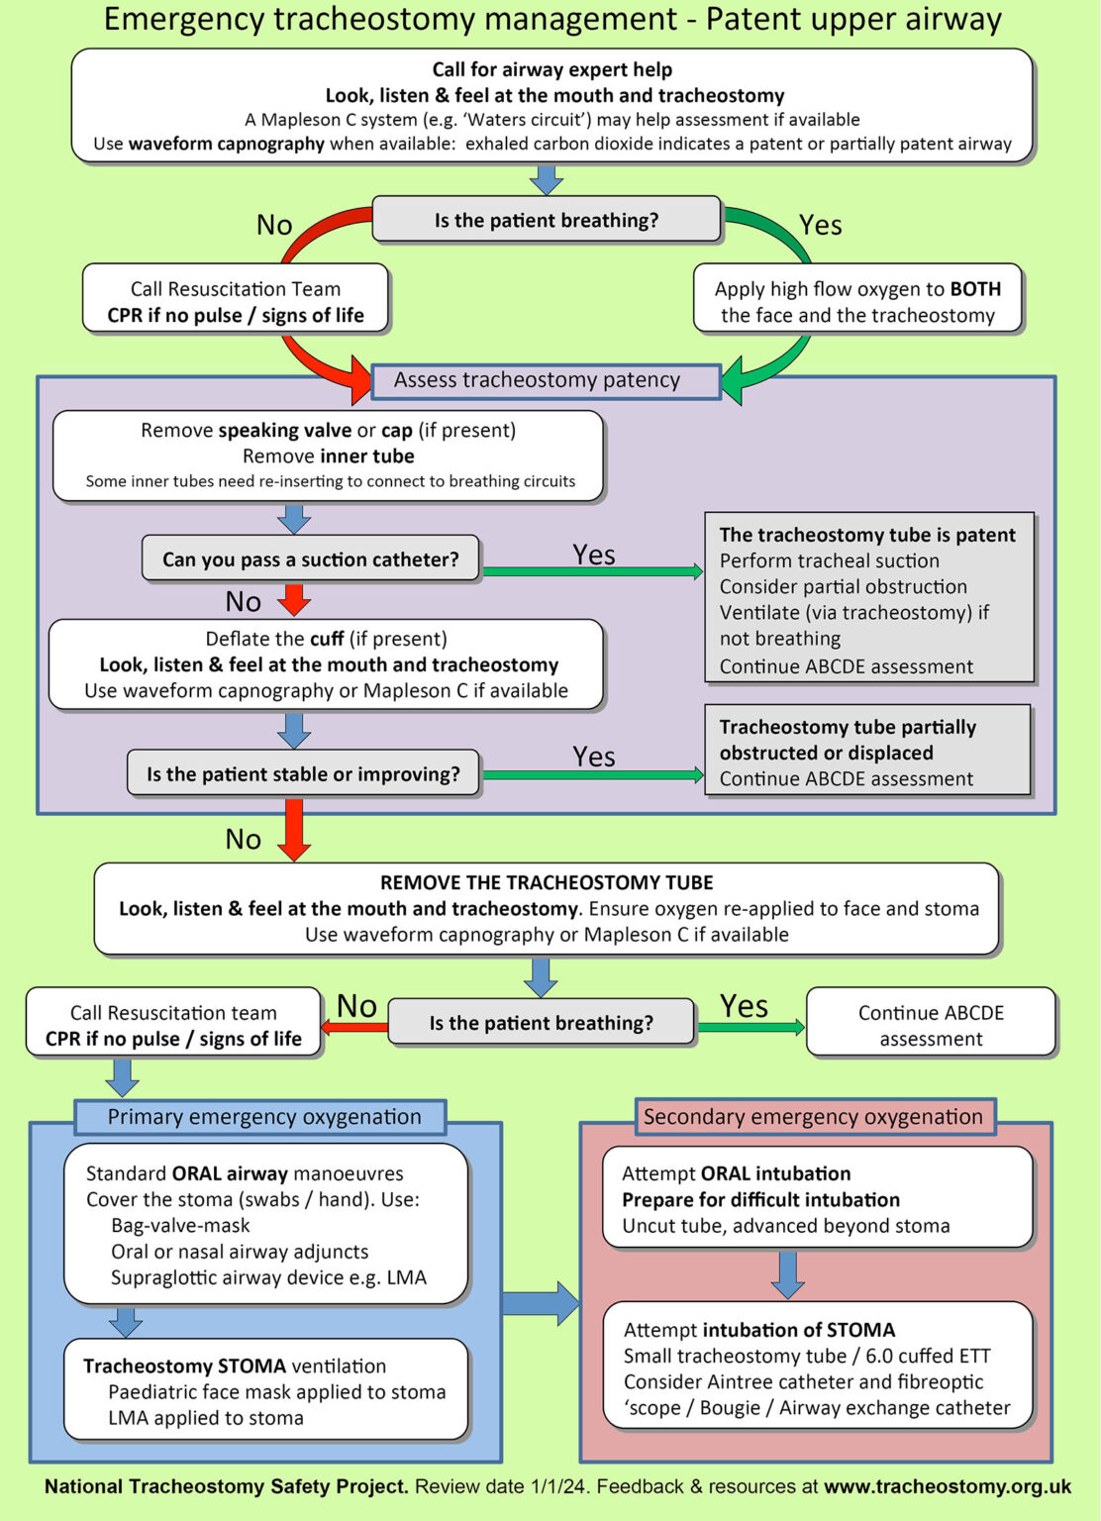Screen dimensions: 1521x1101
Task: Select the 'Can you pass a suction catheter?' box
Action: point(311,559)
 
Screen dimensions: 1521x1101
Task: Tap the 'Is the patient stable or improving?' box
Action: point(303,774)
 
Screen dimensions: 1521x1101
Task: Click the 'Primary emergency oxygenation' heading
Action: point(263,1117)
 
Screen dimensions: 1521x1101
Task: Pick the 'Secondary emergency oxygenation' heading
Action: point(813,1117)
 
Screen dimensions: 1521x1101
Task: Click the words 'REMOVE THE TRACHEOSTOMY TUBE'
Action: point(547,882)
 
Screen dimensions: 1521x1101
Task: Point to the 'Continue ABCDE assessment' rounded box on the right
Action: point(931,1025)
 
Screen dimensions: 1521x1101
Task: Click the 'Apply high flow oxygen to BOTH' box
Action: point(857,301)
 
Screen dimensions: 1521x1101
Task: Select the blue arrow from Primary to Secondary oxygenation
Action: point(540,1303)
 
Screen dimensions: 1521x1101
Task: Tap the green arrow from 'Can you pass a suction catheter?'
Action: point(592,571)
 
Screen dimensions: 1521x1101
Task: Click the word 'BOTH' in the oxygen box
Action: point(975,289)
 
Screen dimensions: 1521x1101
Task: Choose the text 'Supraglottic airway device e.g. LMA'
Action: point(268,1277)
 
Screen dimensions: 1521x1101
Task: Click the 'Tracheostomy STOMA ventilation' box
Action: point(265,1390)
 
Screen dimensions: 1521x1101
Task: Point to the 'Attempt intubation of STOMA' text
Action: point(758,1330)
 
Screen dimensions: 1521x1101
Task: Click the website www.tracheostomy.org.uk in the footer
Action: point(948,1486)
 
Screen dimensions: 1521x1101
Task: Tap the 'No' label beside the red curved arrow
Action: point(274,225)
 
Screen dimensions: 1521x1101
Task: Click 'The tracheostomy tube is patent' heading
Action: point(867,535)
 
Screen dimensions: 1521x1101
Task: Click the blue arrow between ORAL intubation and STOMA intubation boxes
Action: point(787,1273)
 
